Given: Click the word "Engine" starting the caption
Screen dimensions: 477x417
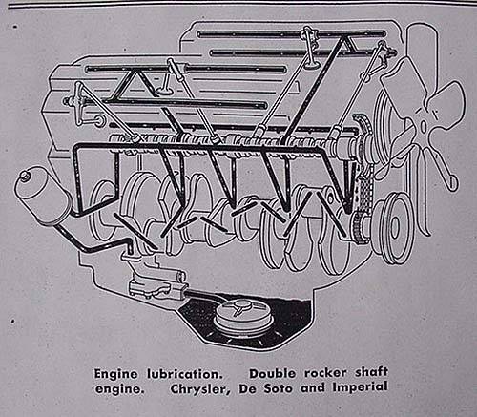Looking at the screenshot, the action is click(x=115, y=374).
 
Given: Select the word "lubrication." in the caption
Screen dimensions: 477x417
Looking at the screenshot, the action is click(x=184, y=373).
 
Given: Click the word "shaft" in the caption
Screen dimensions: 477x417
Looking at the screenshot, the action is click(x=372, y=372).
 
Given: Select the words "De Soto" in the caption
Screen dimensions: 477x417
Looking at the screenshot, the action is click(x=265, y=388).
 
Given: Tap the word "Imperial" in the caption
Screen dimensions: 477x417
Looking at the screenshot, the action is click(x=360, y=387).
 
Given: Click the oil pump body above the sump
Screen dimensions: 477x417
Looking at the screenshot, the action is click(x=155, y=285).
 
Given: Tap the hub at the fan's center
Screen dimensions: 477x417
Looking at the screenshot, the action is click(x=424, y=126).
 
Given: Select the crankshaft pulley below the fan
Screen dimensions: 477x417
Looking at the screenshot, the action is click(x=394, y=226).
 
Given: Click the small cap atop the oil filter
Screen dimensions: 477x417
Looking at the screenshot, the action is click(x=24, y=176).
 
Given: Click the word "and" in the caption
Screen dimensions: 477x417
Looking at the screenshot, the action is click(x=313, y=388).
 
